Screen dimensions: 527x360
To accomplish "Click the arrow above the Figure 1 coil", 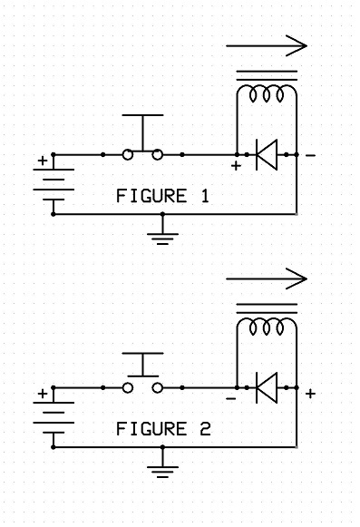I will [x=267, y=44].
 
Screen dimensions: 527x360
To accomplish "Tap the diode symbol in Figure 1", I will [x=267, y=155].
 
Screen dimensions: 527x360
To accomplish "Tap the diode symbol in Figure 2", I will [x=267, y=388].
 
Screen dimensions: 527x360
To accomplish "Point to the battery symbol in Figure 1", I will [x=54, y=184].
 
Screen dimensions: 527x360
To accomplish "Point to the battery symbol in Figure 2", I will [x=54, y=417].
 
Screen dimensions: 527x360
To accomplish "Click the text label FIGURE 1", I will [x=162, y=195].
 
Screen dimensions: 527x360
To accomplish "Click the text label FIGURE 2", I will [x=162, y=428].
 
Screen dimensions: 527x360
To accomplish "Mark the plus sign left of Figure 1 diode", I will [x=237, y=168].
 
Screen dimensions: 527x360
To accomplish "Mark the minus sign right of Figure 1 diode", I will [x=311, y=156].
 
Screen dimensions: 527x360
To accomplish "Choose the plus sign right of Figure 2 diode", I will [x=311, y=394].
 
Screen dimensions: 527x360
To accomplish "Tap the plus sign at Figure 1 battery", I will [x=41, y=161].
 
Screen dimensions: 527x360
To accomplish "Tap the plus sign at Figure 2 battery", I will [x=41, y=394].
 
